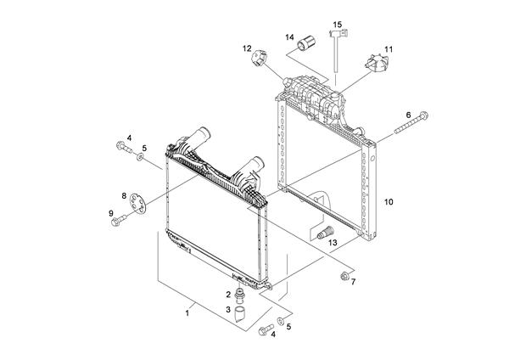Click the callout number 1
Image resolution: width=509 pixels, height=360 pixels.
point(187,313)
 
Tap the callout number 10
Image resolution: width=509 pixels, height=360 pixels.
point(389,202)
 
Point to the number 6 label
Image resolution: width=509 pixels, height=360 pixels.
point(408,115)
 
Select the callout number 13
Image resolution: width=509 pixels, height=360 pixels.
point(333,243)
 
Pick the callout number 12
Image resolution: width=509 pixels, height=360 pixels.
point(247,48)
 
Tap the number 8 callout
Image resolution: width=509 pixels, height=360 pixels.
point(125,196)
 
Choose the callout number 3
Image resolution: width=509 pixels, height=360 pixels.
point(228,310)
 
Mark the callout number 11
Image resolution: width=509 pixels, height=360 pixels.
point(389,50)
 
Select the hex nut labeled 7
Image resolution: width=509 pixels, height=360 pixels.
point(345,276)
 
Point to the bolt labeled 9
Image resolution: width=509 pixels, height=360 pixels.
point(120,220)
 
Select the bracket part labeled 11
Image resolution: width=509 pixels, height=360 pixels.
point(372,64)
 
